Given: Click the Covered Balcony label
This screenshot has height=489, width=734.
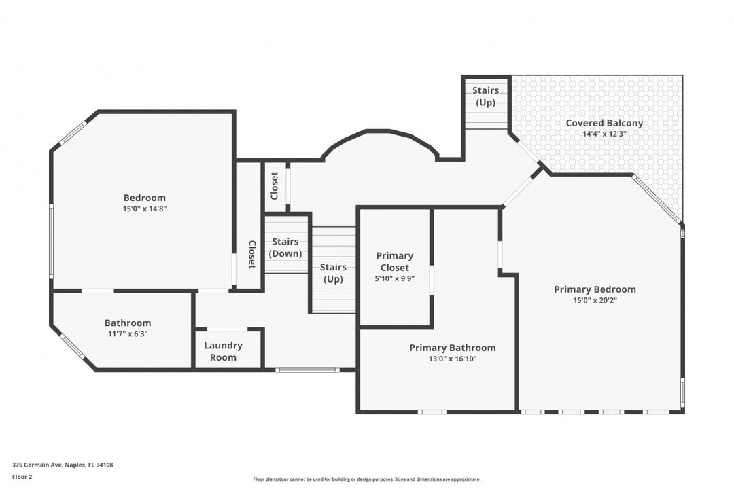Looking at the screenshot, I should pyautogui.click(x=604, y=123).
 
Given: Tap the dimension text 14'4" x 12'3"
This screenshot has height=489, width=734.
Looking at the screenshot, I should pyautogui.click(x=604, y=134).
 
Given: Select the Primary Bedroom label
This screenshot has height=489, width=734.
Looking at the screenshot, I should pyautogui.click(x=595, y=289).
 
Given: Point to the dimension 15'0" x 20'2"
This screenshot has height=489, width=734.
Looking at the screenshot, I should pyautogui.click(x=595, y=300).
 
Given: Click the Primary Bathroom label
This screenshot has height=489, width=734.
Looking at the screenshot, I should pyautogui.click(x=452, y=348).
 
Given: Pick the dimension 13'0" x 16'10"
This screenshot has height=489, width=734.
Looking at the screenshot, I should pyautogui.click(x=452, y=359).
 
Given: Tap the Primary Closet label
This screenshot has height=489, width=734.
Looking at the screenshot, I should pyautogui.click(x=395, y=261).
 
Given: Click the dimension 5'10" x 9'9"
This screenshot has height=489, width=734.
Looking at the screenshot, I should pyautogui.click(x=395, y=278).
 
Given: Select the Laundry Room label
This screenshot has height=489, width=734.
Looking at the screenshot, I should pyautogui.click(x=223, y=351).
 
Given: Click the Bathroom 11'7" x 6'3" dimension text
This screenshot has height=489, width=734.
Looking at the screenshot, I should pyautogui.click(x=128, y=333).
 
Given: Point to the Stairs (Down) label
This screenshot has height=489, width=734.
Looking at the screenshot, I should pyautogui.click(x=285, y=247).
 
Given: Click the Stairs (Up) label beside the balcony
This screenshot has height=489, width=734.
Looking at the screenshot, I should pyautogui.click(x=485, y=96).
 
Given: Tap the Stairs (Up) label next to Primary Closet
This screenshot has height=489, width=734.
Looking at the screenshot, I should pyautogui.click(x=333, y=273).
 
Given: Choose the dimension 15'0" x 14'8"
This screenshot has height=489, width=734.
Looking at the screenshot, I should pyautogui.click(x=144, y=209).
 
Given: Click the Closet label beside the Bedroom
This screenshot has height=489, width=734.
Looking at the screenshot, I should pyautogui.click(x=251, y=254).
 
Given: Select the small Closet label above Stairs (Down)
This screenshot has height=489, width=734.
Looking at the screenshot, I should pyautogui.click(x=275, y=185).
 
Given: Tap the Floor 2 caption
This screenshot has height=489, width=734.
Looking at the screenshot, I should pyautogui.click(x=22, y=477).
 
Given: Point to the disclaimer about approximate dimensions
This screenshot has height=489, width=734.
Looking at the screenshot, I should pyautogui.click(x=366, y=479).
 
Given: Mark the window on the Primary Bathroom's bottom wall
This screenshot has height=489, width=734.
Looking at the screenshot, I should pyautogui.click(x=432, y=412).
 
